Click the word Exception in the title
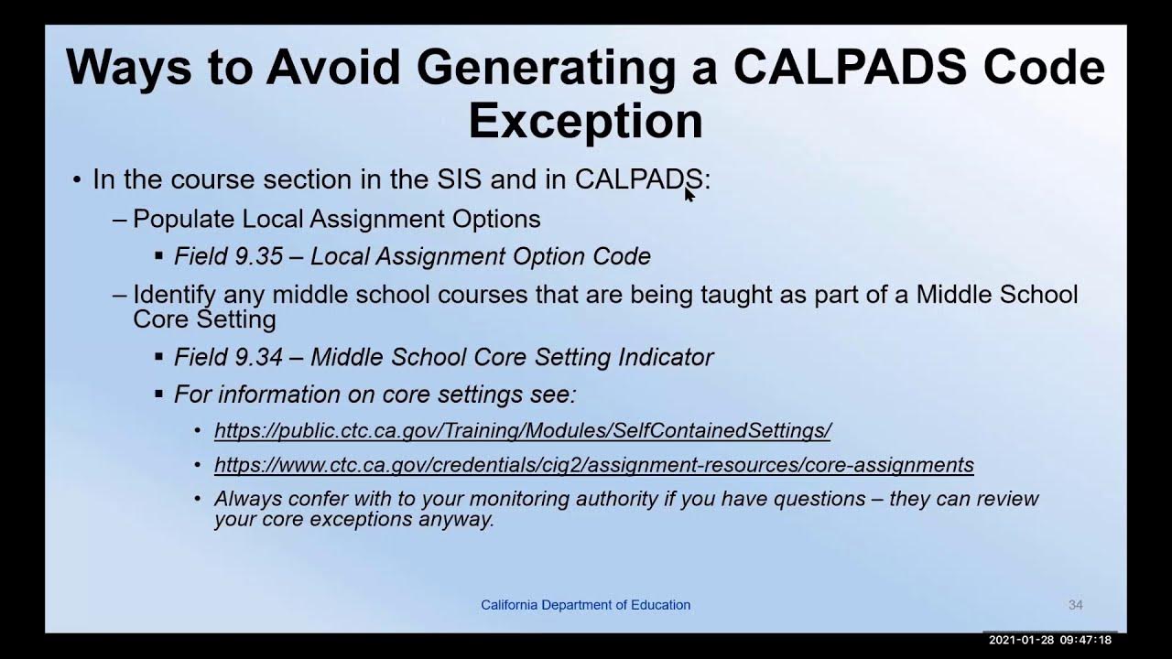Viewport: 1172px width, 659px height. point(585,120)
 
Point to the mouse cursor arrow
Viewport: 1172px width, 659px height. point(689,193)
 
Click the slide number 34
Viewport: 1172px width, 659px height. point(1075,605)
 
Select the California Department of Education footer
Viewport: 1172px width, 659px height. point(585,605)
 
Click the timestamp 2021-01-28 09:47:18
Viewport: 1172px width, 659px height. point(1049,640)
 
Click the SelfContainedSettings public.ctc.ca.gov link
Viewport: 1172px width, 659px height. point(522,430)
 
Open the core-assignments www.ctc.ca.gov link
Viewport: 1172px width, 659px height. point(593,465)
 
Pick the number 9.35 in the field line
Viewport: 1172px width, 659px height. point(258,256)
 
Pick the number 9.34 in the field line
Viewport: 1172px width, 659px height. point(258,357)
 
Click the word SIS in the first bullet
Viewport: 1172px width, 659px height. point(459,179)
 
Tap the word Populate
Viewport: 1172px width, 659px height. point(183,220)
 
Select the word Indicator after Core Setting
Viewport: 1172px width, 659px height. point(666,357)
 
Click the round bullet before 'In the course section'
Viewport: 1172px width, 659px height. point(78,180)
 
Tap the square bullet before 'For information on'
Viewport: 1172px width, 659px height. point(159,394)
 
